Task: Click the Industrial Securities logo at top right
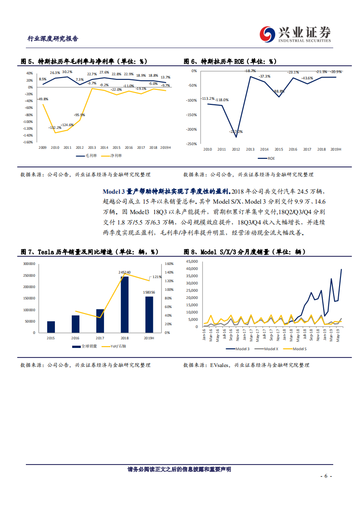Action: tap(295, 34)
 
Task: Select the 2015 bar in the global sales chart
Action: tap(51, 327)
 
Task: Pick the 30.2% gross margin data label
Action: tap(67, 72)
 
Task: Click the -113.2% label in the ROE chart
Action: tap(208, 98)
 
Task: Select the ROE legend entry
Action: tap(266, 158)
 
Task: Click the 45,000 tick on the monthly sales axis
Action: tap(192, 262)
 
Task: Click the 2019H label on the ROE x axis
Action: tap(336, 149)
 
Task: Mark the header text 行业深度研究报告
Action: tap(53, 39)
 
